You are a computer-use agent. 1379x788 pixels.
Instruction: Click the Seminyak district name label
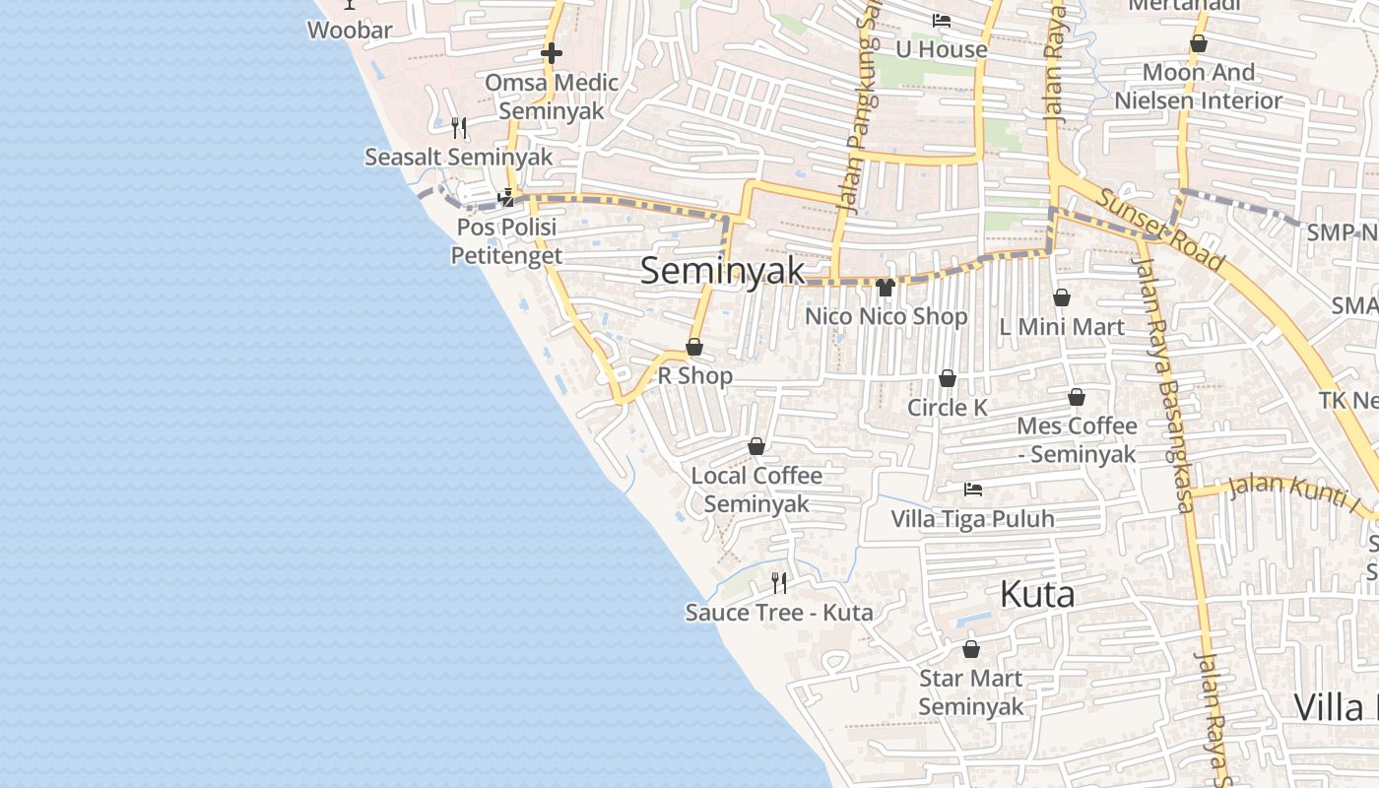722,271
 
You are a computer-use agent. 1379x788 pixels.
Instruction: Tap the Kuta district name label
1037,594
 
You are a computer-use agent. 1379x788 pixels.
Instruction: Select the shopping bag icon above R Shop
694,347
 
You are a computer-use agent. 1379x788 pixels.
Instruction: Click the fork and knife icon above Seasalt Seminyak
458,127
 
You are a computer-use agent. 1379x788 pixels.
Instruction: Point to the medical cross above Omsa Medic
551,52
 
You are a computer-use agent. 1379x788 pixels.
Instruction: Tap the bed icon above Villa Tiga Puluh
973,489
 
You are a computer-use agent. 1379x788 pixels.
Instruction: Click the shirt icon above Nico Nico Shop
886,288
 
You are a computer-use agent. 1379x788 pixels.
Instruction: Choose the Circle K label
947,407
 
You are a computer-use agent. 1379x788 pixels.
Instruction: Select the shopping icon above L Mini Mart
1062,297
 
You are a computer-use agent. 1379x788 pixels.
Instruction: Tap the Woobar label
350,30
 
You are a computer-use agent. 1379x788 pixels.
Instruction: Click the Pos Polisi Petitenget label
506,241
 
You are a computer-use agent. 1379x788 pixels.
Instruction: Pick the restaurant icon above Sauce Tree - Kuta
779,582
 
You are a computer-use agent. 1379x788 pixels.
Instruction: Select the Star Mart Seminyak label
971,692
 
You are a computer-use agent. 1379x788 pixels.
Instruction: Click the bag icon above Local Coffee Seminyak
756,447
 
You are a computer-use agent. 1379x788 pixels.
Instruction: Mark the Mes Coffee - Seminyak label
1077,439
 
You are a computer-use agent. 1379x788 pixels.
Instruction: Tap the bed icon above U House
942,21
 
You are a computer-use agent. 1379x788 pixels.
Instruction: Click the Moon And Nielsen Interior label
1199,86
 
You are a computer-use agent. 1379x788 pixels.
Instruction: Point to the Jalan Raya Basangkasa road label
1164,384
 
